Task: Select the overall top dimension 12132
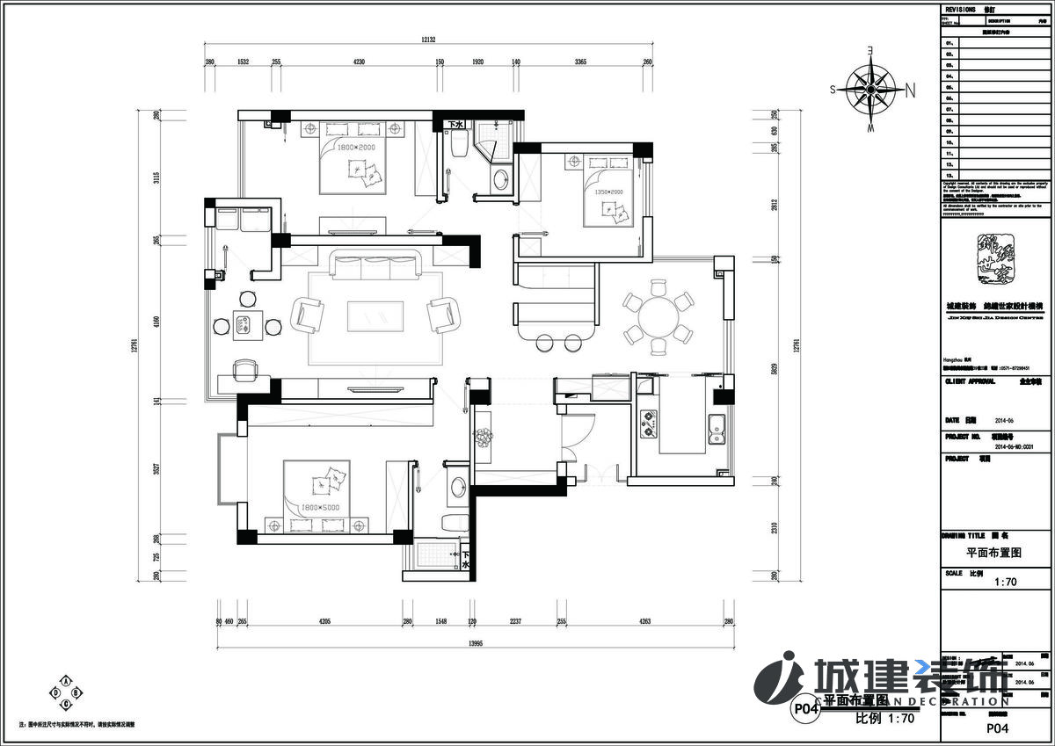tap(428, 39)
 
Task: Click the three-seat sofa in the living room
tap(375, 266)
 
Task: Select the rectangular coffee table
tap(375, 316)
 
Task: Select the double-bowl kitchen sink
tap(717, 426)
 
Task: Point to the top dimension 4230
tap(359, 62)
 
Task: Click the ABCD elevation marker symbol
tap(67, 692)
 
